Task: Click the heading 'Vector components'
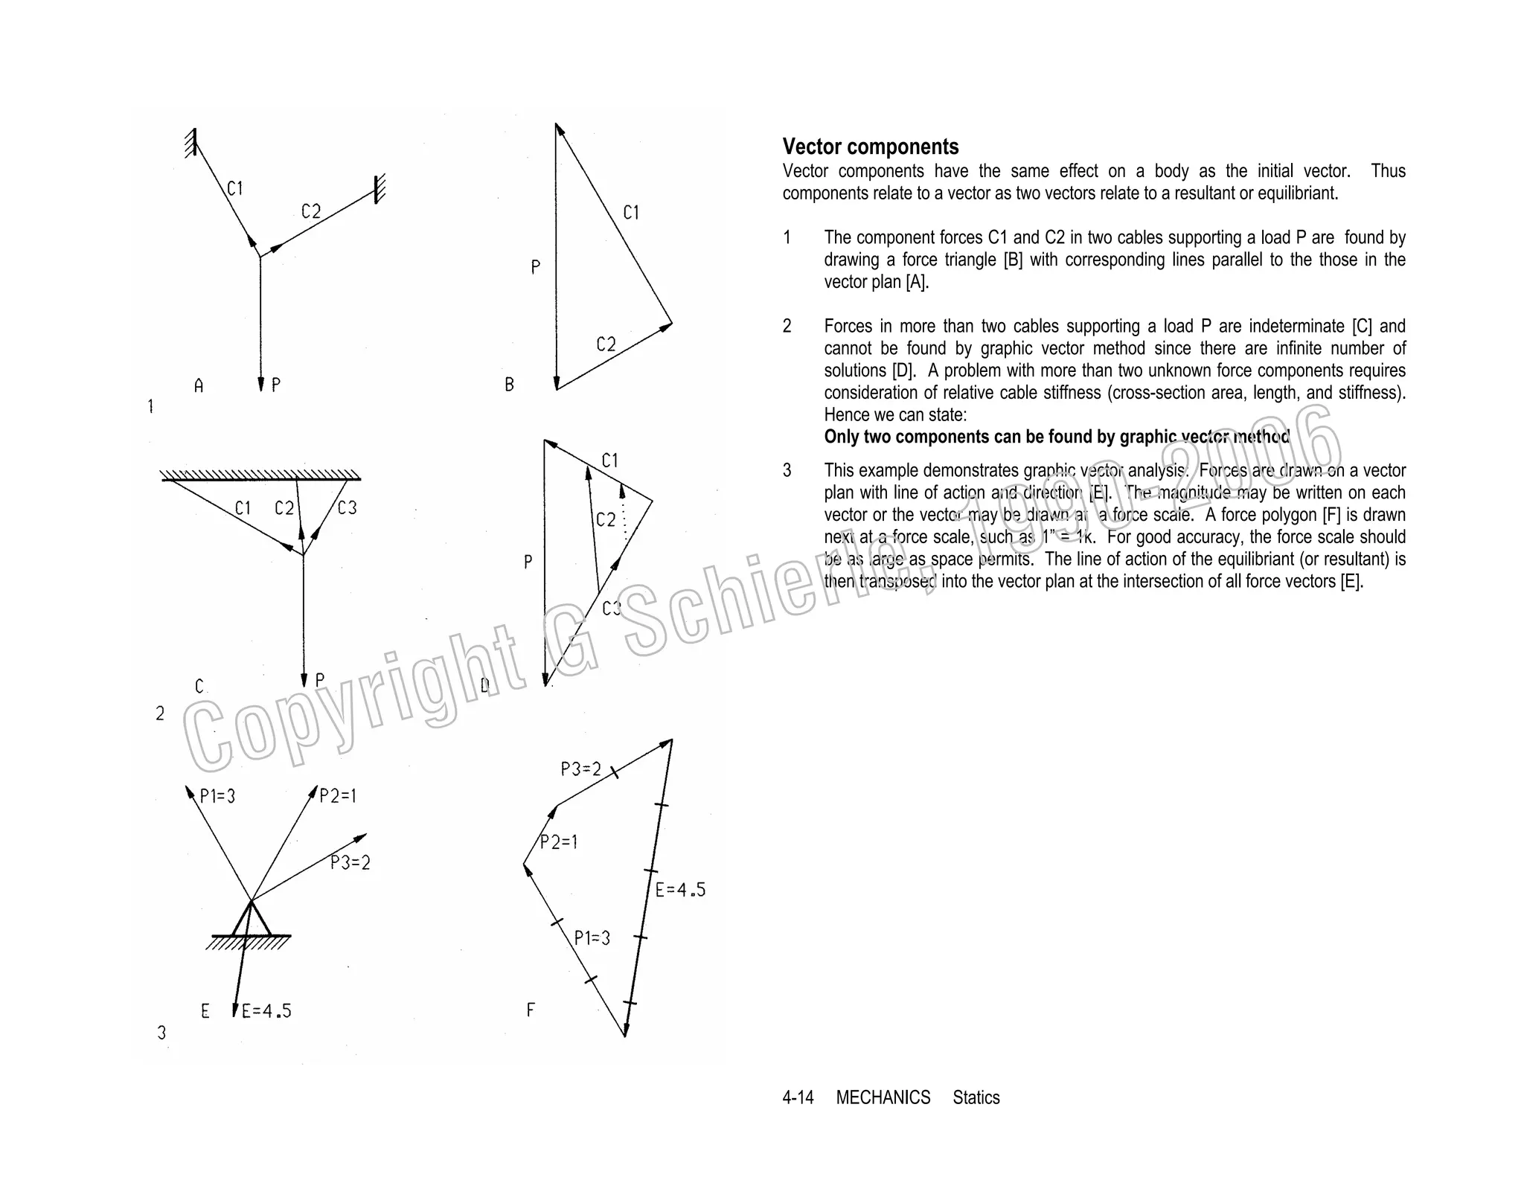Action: (x=870, y=147)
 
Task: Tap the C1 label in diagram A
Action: (x=235, y=189)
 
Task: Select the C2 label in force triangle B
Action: (x=606, y=344)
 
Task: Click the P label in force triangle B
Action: (x=535, y=267)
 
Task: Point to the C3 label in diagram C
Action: (x=347, y=508)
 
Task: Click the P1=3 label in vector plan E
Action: (x=218, y=796)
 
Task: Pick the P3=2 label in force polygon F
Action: (x=580, y=769)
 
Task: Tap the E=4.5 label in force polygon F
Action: (x=680, y=890)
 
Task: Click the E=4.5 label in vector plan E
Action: (x=266, y=1011)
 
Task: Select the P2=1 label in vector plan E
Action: (x=338, y=796)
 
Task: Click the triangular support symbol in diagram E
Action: (x=251, y=920)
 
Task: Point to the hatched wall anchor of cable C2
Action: (x=380, y=189)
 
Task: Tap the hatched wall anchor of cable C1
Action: (x=191, y=142)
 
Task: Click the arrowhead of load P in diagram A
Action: (x=260, y=384)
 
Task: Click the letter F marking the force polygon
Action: (x=531, y=1010)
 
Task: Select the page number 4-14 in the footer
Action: (x=798, y=1097)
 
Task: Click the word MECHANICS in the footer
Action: (x=883, y=1097)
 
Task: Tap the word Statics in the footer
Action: (x=976, y=1097)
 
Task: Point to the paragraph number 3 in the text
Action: (x=787, y=470)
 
